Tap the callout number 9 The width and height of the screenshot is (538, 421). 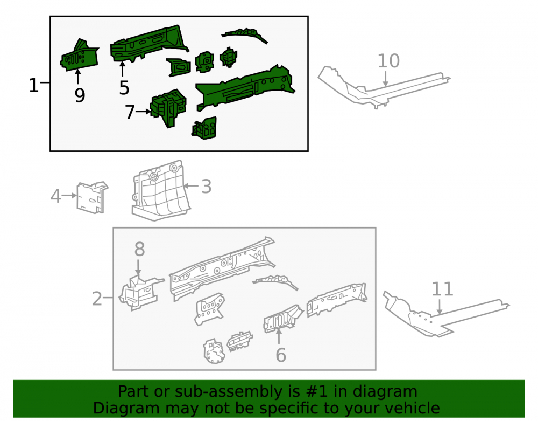tap(80, 95)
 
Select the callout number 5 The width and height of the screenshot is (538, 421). tap(124, 88)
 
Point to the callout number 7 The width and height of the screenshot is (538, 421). tap(130, 112)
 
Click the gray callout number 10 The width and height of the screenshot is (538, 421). tap(388, 61)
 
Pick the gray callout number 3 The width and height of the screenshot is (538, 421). tap(206, 187)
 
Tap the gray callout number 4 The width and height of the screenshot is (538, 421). tap(56, 196)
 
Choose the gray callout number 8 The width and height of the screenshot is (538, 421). tap(139, 249)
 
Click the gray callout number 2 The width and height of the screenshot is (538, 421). tap(97, 298)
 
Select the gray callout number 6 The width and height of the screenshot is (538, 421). tap(281, 355)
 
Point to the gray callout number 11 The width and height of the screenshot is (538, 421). tap(442, 289)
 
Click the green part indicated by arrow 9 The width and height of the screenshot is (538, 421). tap(80, 55)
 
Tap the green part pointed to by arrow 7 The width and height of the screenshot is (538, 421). tap(168, 107)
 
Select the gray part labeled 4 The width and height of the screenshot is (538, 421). tap(91, 197)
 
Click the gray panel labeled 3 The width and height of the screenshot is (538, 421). tap(160, 191)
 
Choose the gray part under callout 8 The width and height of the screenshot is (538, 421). tap(139, 292)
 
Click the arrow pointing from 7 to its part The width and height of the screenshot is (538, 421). tap(143, 112)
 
